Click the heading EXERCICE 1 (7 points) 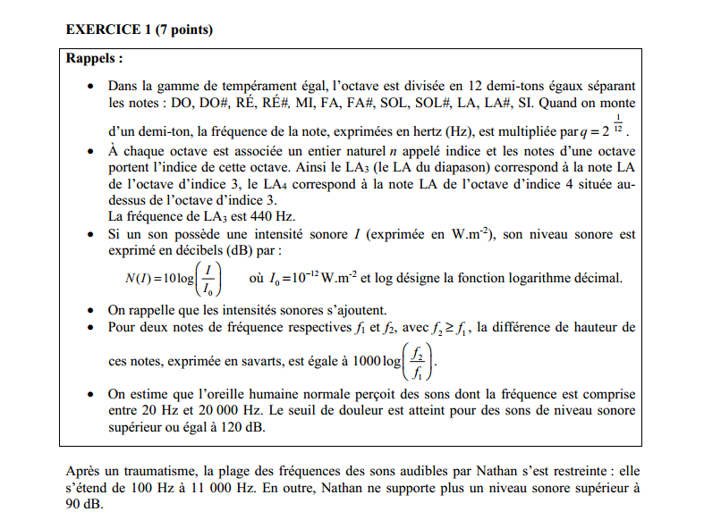[139, 29]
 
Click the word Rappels [94, 59]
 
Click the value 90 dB [85, 505]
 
